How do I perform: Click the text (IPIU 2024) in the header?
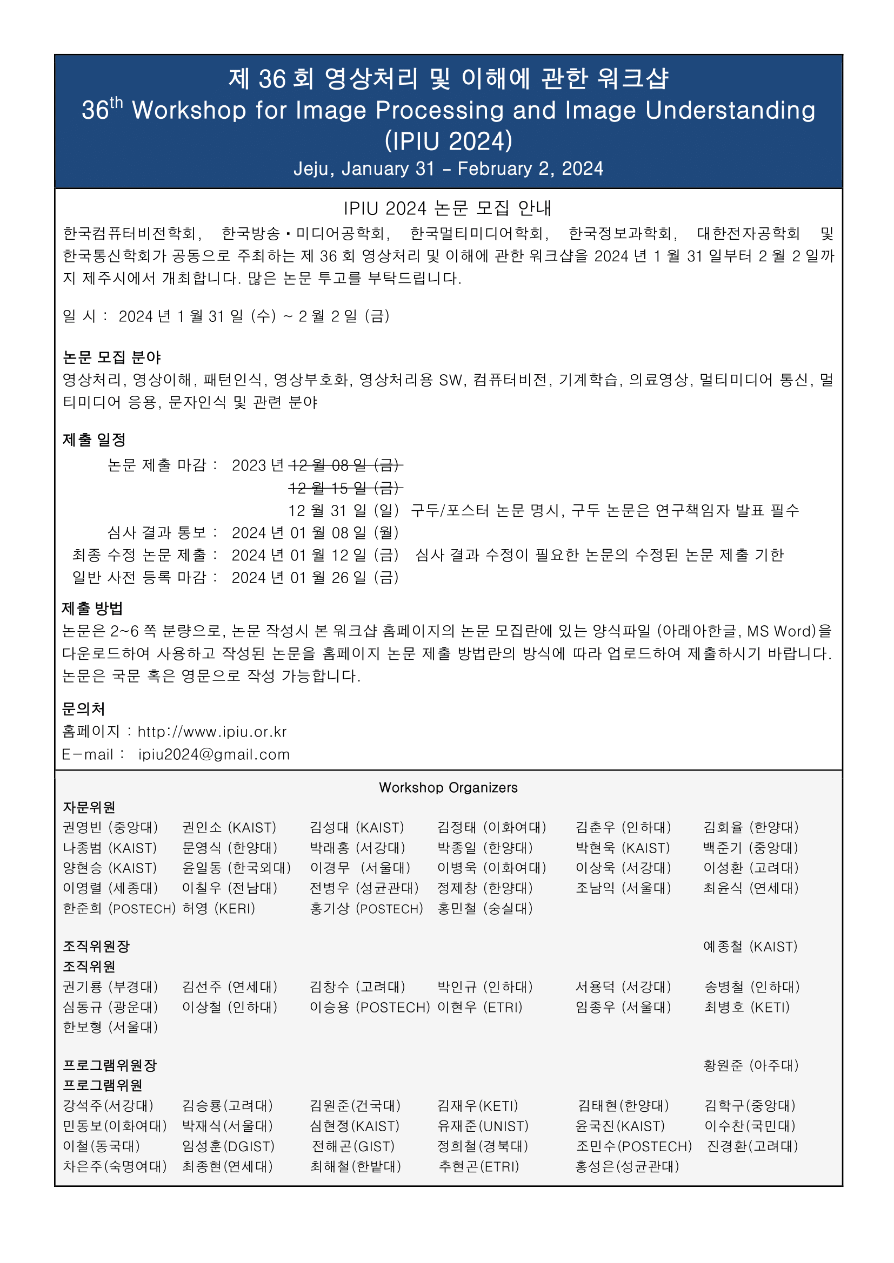pyautogui.click(x=448, y=141)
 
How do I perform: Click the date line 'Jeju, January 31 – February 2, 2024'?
pyautogui.click(x=448, y=168)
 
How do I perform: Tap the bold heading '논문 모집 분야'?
pyautogui.click(x=112, y=357)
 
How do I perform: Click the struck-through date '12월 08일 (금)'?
pyautogui.click(x=345, y=465)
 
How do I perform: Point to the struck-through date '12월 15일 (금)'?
pyautogui.click(x=345, y=488)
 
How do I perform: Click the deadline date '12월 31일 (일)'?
pyautogui.click(x=344, y=510)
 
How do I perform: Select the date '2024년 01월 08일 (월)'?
pyautogui.click(x=315, y=532)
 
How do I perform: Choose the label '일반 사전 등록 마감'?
pyautogui.click(x=139, y=578)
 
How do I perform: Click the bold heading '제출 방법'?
pyautogui.click(x=92, y=609)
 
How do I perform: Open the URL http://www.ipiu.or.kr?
pyautogui.click(x=212, y=732)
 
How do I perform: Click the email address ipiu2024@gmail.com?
pyautogui.click(x=214, y=754)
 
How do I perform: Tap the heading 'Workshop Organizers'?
pyautogui.click(x=448, y=788)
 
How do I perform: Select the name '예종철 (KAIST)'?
pyautogui.click(x=750, y=947)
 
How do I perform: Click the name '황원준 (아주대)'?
pyautogui.click(x=750, y=1065)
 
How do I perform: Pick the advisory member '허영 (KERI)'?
pyautogui.click(x=218, y=909)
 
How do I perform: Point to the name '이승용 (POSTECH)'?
pyautogui.click(x=369, y=1007)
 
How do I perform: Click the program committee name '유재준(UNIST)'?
pyautogui.click(x=483, y=1126)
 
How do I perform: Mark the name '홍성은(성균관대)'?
pyautogui.click(x=627, y=1166)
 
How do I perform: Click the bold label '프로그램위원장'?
pyautogui.click(x=110, y=1065)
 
